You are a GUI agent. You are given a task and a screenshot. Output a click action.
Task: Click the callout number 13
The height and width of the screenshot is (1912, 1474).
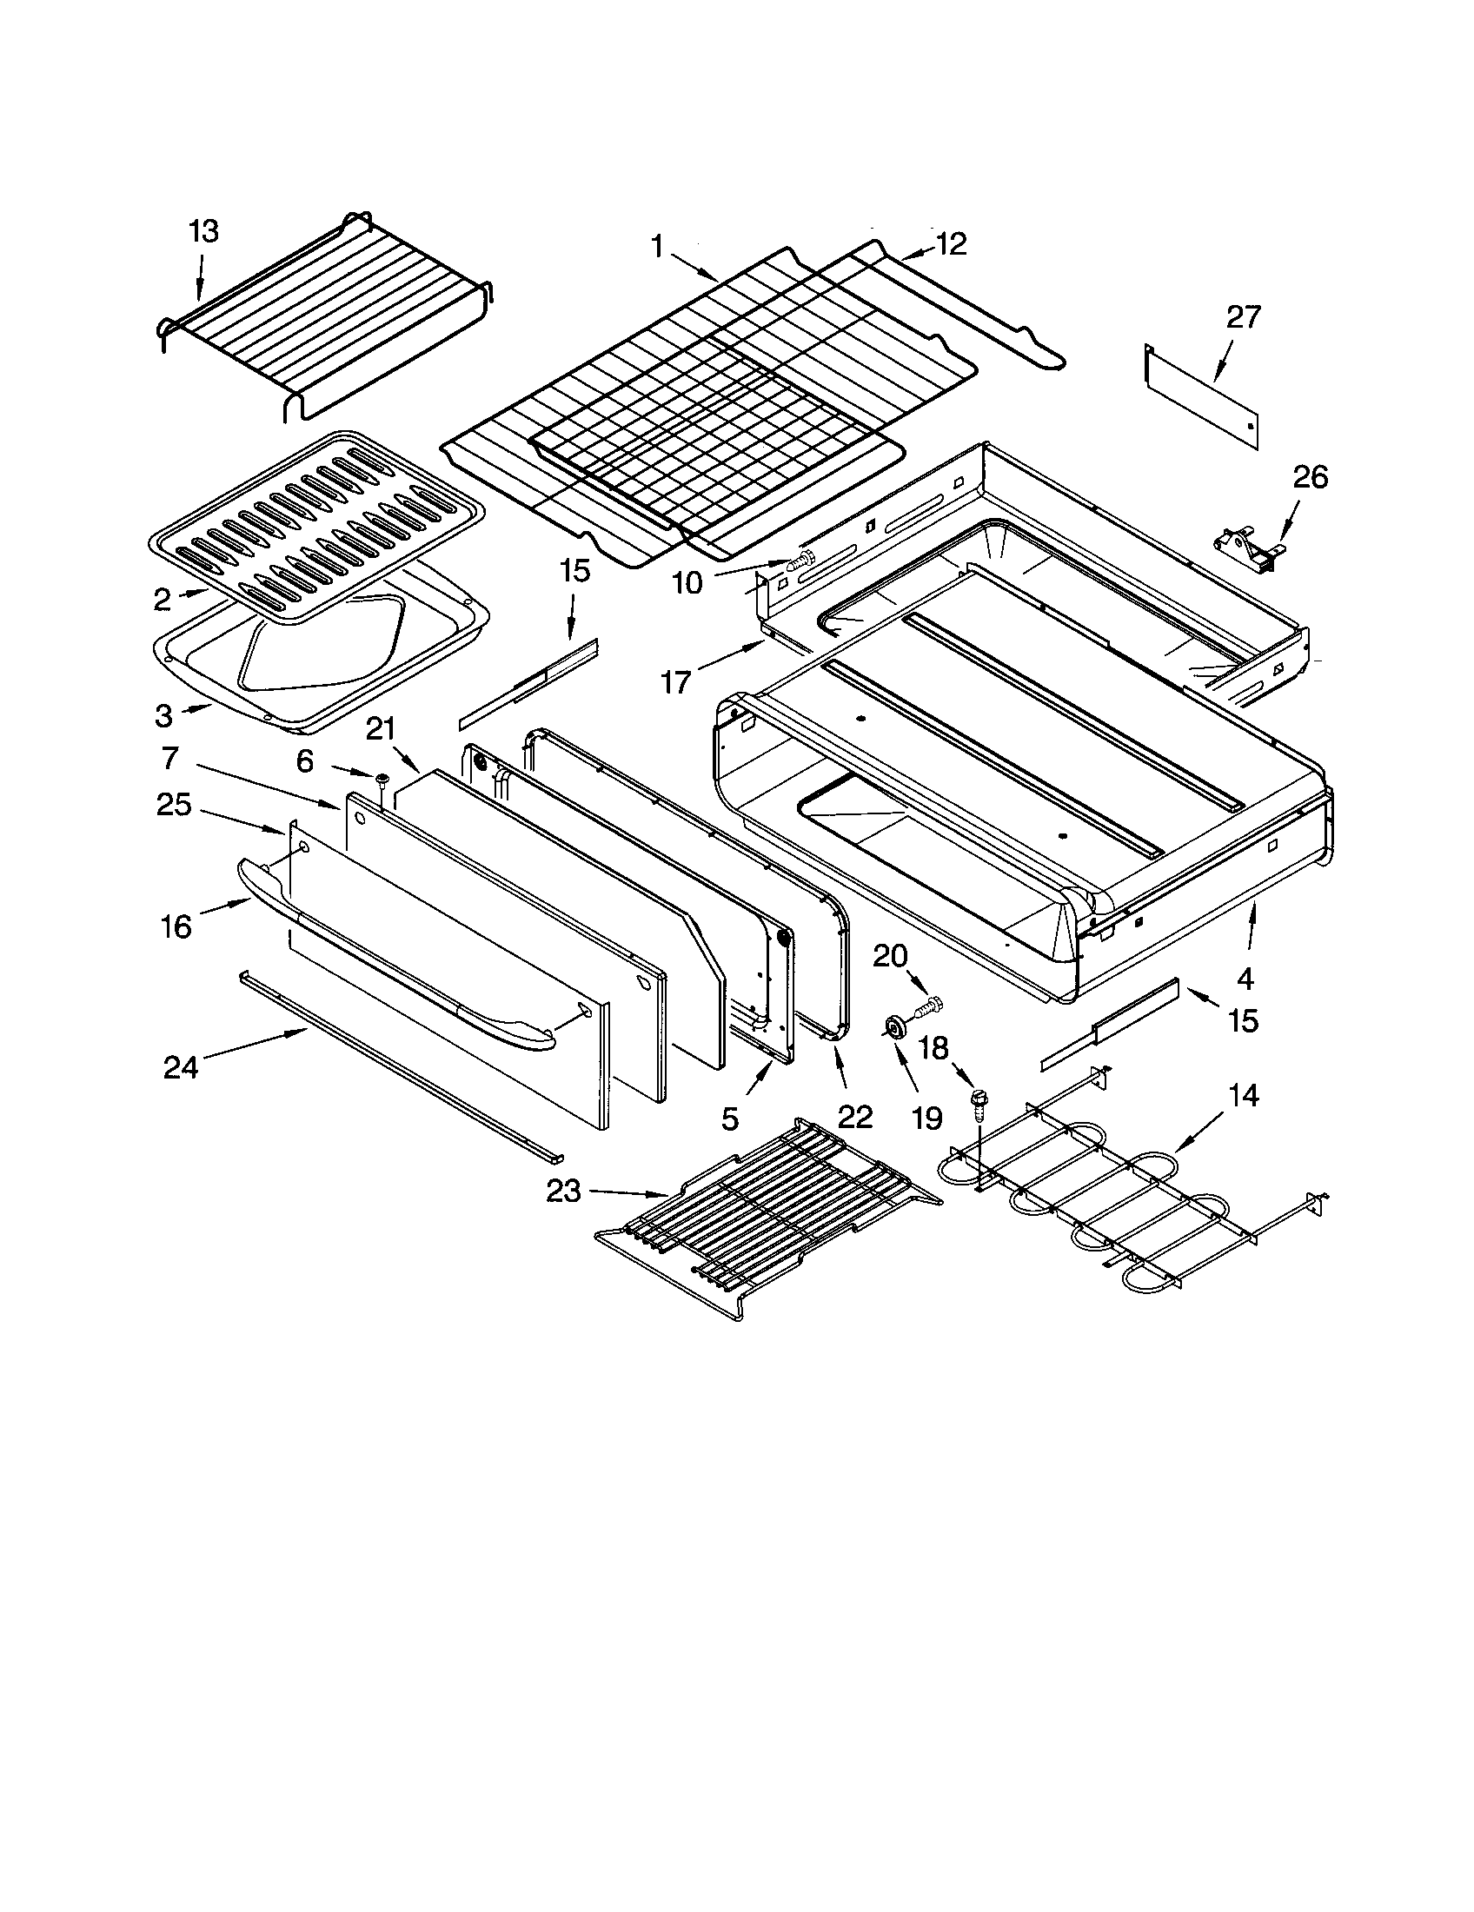203,231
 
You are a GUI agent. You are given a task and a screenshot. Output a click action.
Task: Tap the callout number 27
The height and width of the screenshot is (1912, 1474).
1243,316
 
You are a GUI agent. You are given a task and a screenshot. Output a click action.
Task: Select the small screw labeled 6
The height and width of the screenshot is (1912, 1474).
382,779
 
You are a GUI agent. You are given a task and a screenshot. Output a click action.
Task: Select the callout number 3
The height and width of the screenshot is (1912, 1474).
163,715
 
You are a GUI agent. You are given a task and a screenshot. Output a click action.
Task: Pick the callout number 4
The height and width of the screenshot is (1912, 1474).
1245,977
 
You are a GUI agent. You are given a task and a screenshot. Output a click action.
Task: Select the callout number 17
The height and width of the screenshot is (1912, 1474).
676,681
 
